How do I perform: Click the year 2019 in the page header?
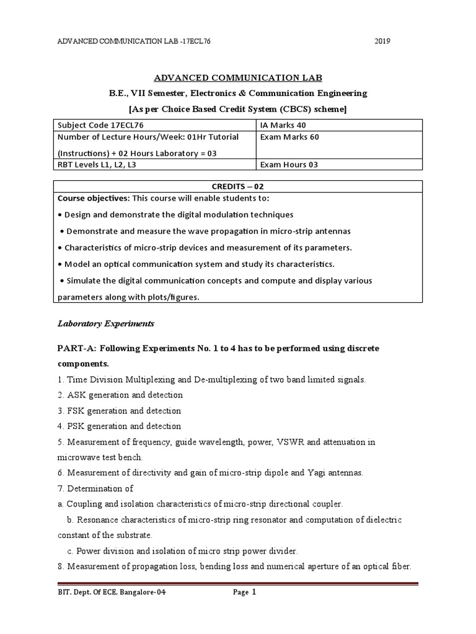(382, 41)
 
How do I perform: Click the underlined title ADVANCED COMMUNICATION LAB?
(238, 77)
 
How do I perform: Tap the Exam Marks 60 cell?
(339, 137)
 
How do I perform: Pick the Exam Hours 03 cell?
(339, 164)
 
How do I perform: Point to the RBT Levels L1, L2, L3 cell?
(154, 164)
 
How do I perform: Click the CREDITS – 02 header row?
(239, 186)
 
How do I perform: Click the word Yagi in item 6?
(299, 473)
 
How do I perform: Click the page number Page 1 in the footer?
(244, 593)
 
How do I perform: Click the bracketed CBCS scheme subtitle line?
(238, 109)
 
